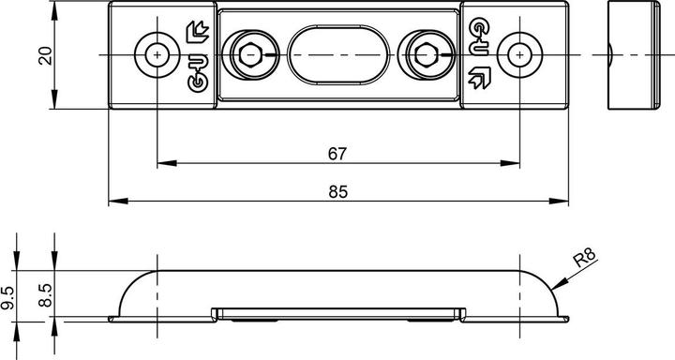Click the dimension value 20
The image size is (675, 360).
(45, 55)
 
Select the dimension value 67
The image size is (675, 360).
(337, 154)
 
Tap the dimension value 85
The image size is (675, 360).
(337, 191)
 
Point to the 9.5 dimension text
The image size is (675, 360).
(7, 298)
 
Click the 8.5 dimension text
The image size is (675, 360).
(45, 295)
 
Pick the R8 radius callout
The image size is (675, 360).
(585, 258)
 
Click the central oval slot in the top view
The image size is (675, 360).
(338, 54)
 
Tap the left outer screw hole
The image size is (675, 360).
(157, 55)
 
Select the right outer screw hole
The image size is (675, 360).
(519, 55)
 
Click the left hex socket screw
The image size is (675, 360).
(250, 55)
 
